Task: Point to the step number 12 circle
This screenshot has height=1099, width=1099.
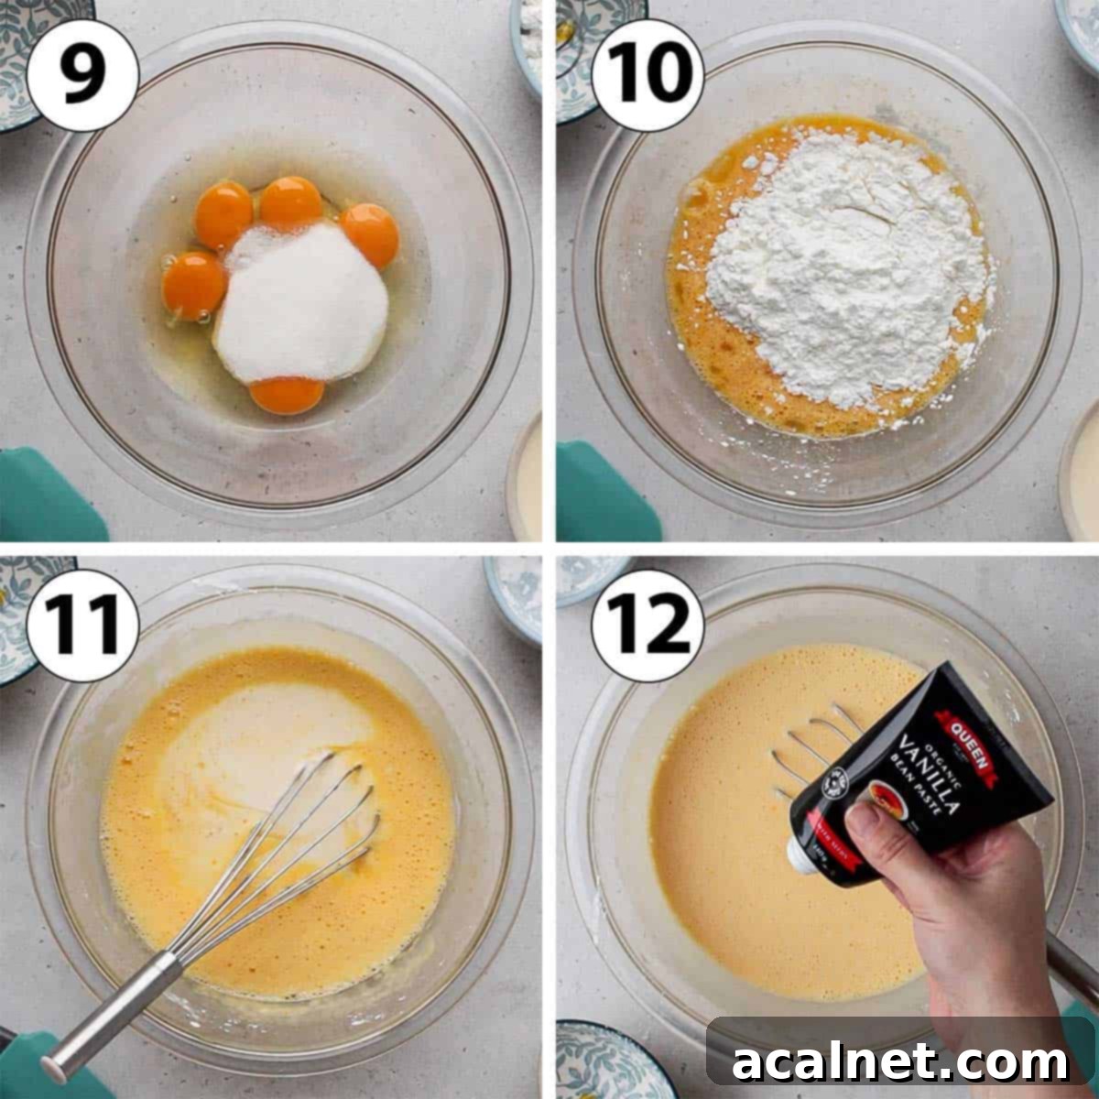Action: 647,626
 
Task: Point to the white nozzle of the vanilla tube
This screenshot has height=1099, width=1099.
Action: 801,852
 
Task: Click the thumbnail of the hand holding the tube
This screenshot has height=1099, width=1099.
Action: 865,824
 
